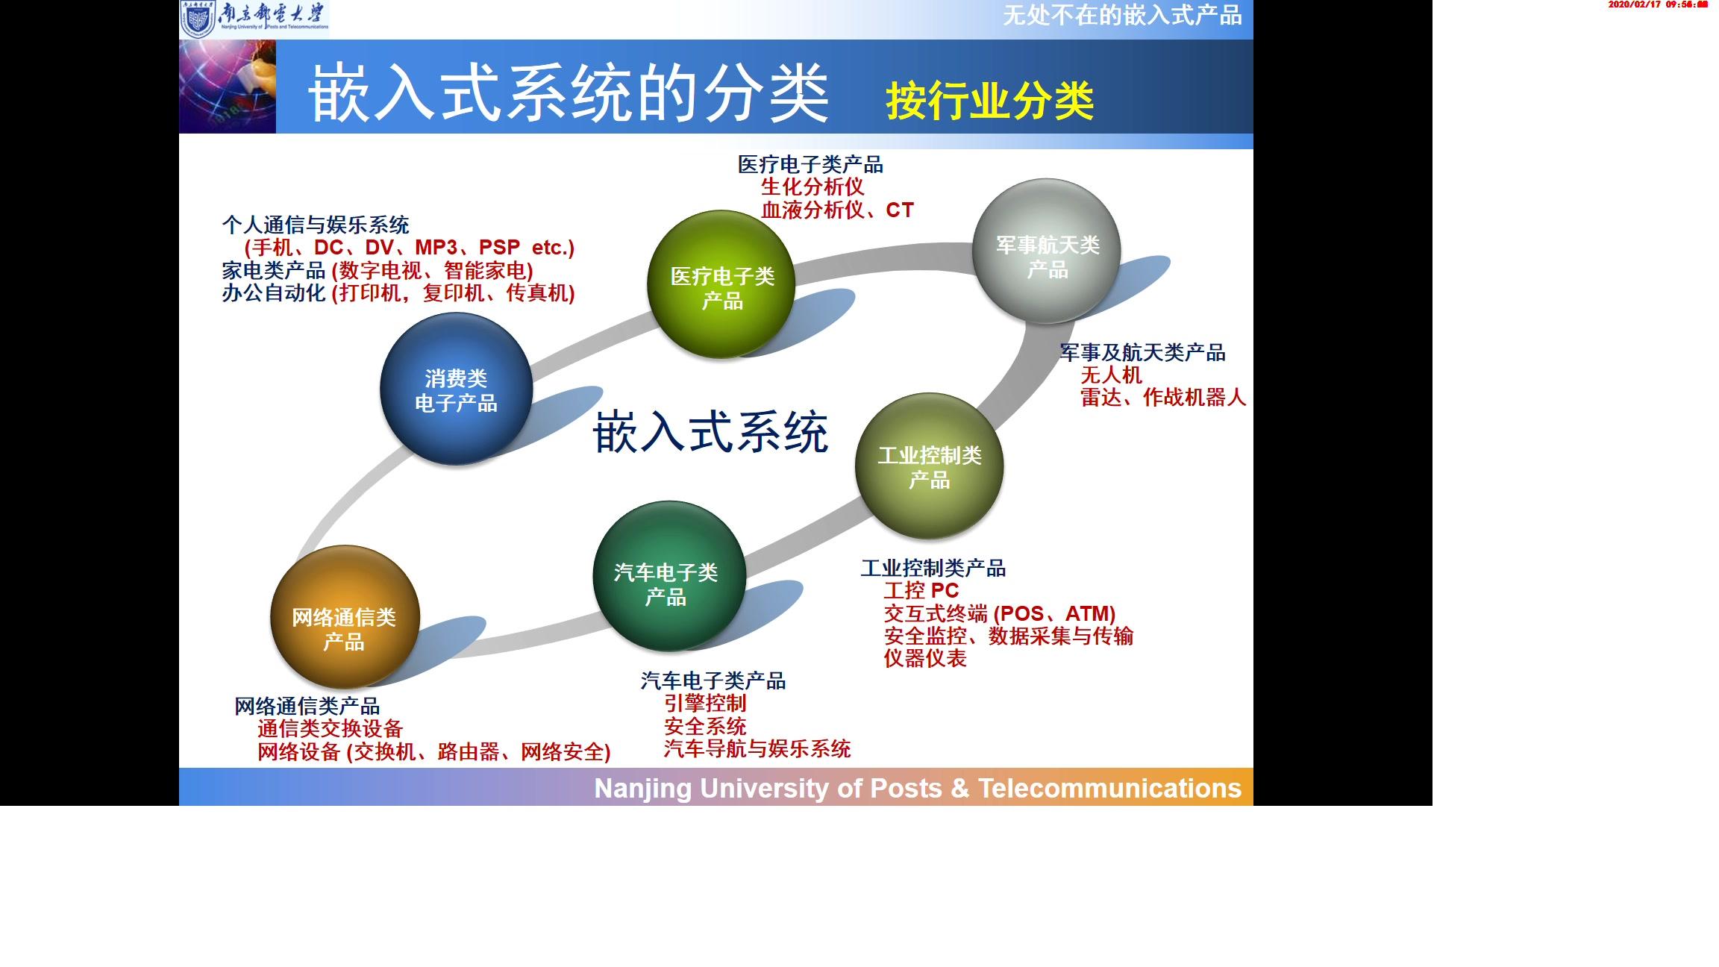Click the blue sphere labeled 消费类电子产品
(456, 389)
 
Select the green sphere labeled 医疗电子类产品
(721, 286)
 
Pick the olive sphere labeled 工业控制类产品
(929, 466)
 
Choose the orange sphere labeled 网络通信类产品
(344, 618)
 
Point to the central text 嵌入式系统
(710, 432)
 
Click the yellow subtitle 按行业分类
(989, 101)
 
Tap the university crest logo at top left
(198, 19)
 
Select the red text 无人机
(1111, 375)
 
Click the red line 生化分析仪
(812, 187)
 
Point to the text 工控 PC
(921, 591)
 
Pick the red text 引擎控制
(705, 703)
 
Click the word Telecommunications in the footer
(1109, 788)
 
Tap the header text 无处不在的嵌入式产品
(1121, 15)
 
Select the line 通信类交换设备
(330, 728)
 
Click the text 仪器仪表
(925, 658)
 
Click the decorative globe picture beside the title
(228, 87)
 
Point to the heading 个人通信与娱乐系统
(315, 225)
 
